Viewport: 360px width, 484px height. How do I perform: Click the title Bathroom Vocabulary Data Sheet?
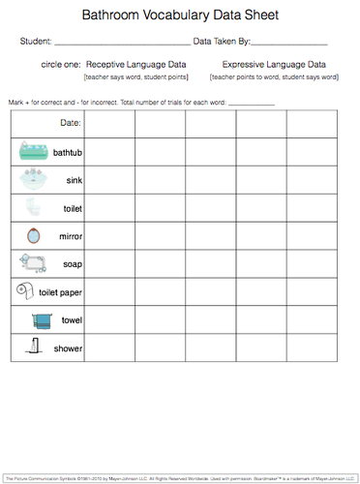click(x=179, y=16)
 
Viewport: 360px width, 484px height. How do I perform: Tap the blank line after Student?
click(x=122, y=45)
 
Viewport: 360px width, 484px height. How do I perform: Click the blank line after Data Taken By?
click(x=289, y=45)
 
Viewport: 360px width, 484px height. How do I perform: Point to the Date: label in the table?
click(x=71, y=123)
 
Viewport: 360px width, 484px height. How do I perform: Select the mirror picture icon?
click(x=27, y=234)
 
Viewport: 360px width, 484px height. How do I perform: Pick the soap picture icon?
click(x=29, y=262)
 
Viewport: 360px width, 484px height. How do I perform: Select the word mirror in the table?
click(x=70, y=235)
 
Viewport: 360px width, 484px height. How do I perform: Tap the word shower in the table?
click(x=68, y=347)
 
